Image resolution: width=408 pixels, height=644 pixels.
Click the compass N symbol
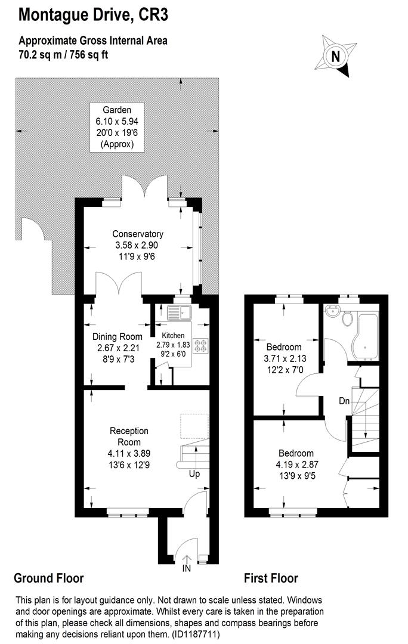[336, 57]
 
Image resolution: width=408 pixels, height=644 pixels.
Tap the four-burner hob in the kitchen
[200, 346]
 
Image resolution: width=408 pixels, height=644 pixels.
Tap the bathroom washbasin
[332, 312]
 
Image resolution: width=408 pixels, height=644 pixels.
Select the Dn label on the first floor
[344, 401]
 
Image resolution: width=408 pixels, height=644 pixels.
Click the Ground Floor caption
[48, 578]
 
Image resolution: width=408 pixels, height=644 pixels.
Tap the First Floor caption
[271, 578]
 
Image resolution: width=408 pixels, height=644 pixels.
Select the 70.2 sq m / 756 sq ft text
[63, 54]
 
